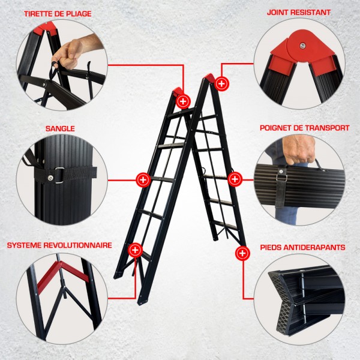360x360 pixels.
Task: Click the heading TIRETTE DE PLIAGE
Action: point(58,14)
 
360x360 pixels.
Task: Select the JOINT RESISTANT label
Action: point(299,13)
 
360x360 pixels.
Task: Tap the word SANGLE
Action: point(60,128)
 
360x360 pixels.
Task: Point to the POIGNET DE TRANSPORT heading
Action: point(305,128)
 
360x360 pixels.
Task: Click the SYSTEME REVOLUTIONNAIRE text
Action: point(59,245)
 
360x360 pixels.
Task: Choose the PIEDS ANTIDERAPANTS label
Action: point(302,247)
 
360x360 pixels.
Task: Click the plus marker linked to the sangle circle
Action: point(143,180)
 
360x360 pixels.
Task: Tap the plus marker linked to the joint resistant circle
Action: point(221,83)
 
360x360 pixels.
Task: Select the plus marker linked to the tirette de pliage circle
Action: point(183,101)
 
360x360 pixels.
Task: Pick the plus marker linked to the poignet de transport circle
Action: point(235,179)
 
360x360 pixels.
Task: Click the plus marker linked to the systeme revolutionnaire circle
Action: point(135,250)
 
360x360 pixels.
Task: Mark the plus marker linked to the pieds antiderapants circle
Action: point(242,253)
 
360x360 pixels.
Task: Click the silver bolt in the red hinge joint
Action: point(302,46)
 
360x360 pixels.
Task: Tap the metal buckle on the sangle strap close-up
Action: point(59,175)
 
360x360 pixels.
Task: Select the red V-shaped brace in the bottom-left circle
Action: point(62,275)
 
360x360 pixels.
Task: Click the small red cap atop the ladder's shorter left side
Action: point(177,91)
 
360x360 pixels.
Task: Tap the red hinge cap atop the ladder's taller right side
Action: point(209,77)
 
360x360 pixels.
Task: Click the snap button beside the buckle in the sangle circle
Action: point(50,178)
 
